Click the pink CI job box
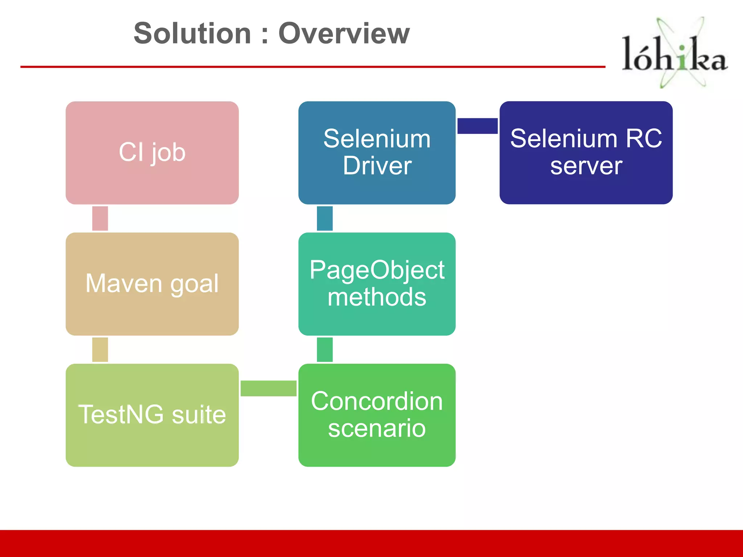(152, 153)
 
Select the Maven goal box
(152, 284)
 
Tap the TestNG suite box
(152, 415)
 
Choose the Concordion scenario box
(377, 415)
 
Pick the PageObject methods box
(377, 284)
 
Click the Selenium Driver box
(377, 153)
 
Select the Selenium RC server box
(586, 153)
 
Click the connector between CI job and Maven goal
(100, 218)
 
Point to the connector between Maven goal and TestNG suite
(100, 350)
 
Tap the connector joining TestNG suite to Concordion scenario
(268, 388)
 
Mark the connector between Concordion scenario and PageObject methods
(325, 350)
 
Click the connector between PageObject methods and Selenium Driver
(325, 218)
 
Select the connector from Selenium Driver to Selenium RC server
(477, 126)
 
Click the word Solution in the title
(192, 33)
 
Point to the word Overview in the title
(344, 33)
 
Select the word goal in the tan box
(194, 284)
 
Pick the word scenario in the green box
(377, 429)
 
